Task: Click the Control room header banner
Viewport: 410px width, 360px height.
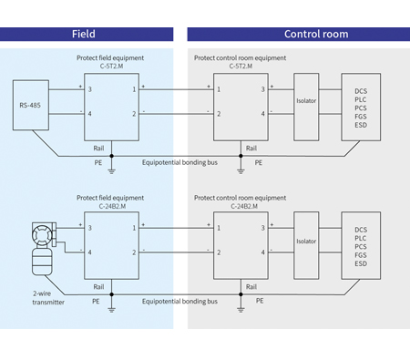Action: tap(297, 35)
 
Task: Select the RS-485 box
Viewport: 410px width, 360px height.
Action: tap(29, 104)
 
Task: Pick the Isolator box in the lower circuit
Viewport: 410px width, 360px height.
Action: tap(307, 242)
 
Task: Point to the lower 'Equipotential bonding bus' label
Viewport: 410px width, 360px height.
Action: tap(180, 301)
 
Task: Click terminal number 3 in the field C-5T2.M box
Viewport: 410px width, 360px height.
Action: tap(89, 89)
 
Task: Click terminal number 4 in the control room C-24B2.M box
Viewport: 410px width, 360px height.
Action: tap(263, 251)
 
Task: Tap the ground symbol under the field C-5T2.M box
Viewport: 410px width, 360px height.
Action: tap(111, 168)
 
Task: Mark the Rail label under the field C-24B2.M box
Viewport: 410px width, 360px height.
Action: tap(98, 285)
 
